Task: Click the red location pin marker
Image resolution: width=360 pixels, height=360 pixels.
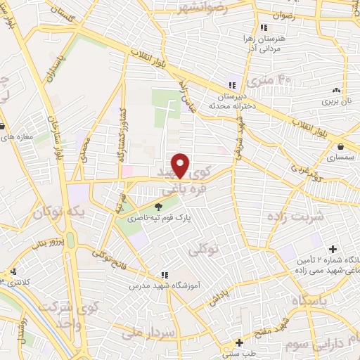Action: point(181,165)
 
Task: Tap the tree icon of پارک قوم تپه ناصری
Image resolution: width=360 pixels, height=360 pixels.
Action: point(158,206)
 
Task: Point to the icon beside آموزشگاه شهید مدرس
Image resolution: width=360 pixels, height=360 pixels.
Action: point(164,274)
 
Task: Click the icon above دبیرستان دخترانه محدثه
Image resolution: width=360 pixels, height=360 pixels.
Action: point(232,79)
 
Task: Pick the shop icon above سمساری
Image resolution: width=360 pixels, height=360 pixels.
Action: point(341,147)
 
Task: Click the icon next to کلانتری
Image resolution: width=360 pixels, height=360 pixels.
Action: point(12,271)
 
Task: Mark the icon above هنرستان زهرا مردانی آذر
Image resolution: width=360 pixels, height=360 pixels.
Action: point(264,27)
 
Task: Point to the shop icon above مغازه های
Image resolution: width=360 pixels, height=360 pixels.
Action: point(4,127)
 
